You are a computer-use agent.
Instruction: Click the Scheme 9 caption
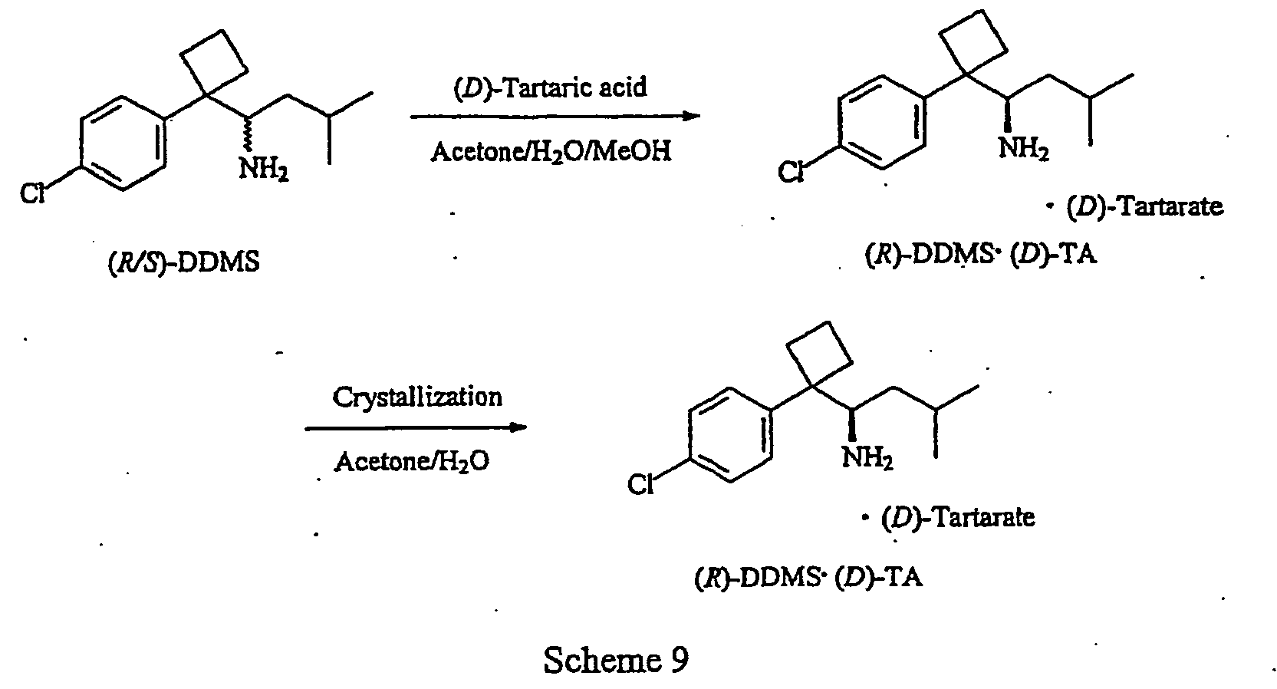click(616, 660)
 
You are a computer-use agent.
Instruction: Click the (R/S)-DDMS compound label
click(183, 262)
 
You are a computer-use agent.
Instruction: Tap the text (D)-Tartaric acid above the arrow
click(550, 87)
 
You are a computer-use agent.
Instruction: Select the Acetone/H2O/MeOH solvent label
click(551, 152)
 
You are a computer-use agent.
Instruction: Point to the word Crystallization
click(417, 397)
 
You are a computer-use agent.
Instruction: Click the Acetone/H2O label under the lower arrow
click(412, 461)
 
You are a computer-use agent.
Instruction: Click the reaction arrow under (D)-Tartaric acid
click(555, 117)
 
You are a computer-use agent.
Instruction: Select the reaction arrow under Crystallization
click(416, 427)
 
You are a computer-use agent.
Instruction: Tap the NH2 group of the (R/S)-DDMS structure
click(263, 168)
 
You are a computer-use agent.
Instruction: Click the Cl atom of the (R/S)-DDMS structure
click(32, 193)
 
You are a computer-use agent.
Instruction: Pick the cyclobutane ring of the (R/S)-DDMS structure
click(213, 62)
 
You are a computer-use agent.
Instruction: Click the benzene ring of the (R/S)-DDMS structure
click(123, 143)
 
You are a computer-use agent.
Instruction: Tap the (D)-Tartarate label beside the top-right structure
click(1136, 206)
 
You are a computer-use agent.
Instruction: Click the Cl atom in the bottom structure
click(640, 486)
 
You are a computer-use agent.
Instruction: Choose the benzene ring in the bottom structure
click(730, 435)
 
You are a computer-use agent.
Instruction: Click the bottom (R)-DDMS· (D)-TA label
click(808, 578)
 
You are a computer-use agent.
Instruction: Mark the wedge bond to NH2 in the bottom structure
click(851, 424)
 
